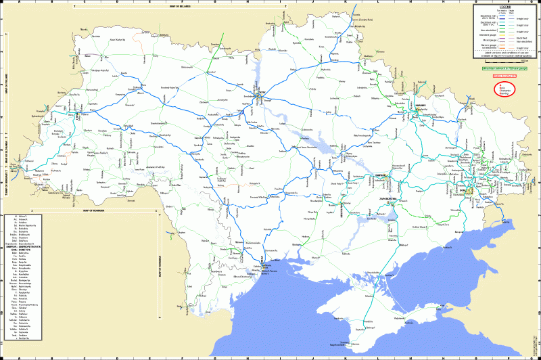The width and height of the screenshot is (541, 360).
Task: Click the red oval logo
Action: click(x=504, y=89)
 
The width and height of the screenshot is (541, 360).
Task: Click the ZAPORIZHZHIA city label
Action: click(x=385, y=198)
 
